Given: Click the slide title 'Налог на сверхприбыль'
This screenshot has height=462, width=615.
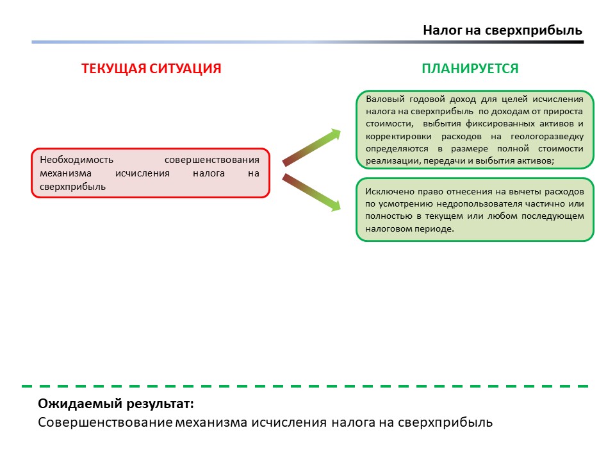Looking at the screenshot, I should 502,31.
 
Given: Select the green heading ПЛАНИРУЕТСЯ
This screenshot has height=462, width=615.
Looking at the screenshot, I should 470,69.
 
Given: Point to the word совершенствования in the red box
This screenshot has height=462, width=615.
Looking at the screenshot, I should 211,160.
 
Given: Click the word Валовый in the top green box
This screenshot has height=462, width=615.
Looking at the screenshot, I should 384,99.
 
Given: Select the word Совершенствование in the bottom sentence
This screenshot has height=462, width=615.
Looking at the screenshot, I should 105,423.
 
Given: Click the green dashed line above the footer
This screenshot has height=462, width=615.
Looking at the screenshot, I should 305,386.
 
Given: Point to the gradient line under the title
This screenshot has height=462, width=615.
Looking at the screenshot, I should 307,42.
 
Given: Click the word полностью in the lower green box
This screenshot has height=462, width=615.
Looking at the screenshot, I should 386,216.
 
